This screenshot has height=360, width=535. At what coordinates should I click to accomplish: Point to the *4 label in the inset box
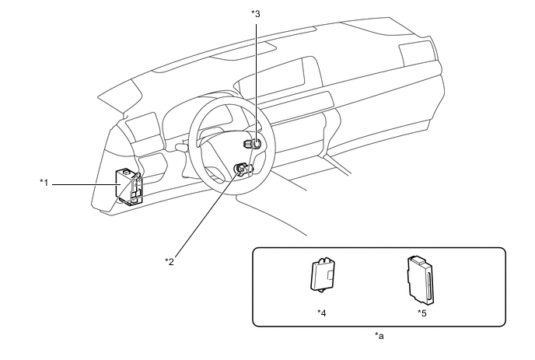[x=322, y=312]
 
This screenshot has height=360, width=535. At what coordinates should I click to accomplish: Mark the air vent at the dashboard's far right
[x=417, y=54]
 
